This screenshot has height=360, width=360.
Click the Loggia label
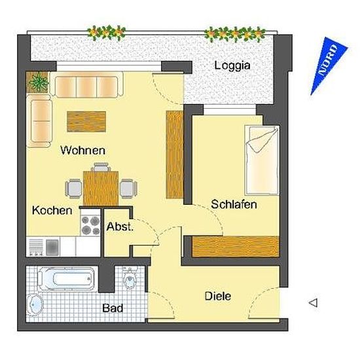232,66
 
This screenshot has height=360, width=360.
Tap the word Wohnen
82,151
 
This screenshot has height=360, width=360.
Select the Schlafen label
234,204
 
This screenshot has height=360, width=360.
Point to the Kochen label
52,210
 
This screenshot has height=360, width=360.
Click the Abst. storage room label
120,227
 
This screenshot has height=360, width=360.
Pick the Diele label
218,296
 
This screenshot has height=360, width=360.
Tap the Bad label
113,308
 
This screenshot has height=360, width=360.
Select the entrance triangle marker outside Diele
313,303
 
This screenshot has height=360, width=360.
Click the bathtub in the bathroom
66,279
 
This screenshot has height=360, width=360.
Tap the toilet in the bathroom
130,278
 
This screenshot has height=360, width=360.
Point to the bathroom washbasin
35,304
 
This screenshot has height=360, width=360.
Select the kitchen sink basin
52,247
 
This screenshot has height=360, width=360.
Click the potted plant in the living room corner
38,82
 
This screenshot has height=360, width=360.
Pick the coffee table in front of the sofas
86,122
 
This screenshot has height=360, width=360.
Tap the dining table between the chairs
101,189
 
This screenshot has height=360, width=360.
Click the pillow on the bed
262,139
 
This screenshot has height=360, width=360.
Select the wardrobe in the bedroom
236,246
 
